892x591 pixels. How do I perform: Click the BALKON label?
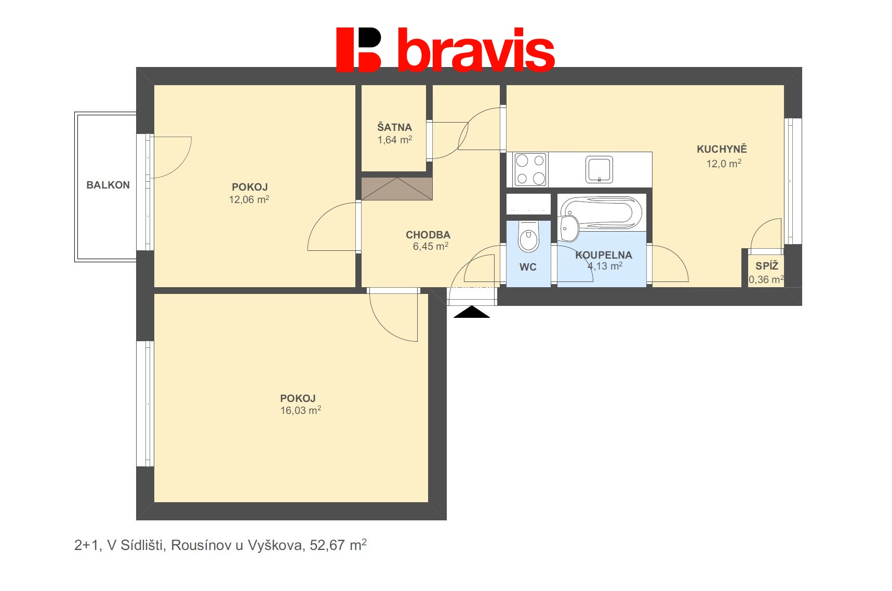[x=108, y=185]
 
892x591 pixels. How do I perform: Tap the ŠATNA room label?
[x=394, y=127]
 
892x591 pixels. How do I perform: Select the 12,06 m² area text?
[x=249, y=199]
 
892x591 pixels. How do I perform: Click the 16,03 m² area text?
[x=300, y=410]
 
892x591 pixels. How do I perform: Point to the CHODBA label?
[x=428, y=235]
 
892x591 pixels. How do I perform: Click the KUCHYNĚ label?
[x=722, y=149]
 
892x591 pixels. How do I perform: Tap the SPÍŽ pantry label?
[x=767, y=266]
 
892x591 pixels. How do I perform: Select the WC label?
[x=528, y=267]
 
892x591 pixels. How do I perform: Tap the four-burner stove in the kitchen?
[x=530, y=170]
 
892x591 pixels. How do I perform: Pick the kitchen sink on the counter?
[x=599, y=170]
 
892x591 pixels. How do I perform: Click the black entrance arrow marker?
[x=471, y=312]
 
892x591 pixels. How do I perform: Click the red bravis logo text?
[x=475, y=50]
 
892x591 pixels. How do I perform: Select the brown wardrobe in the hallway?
[x=396, y=189]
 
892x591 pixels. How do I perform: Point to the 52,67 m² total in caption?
[x=338, y=545]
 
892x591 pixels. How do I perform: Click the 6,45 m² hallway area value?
[x=430, y=247]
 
